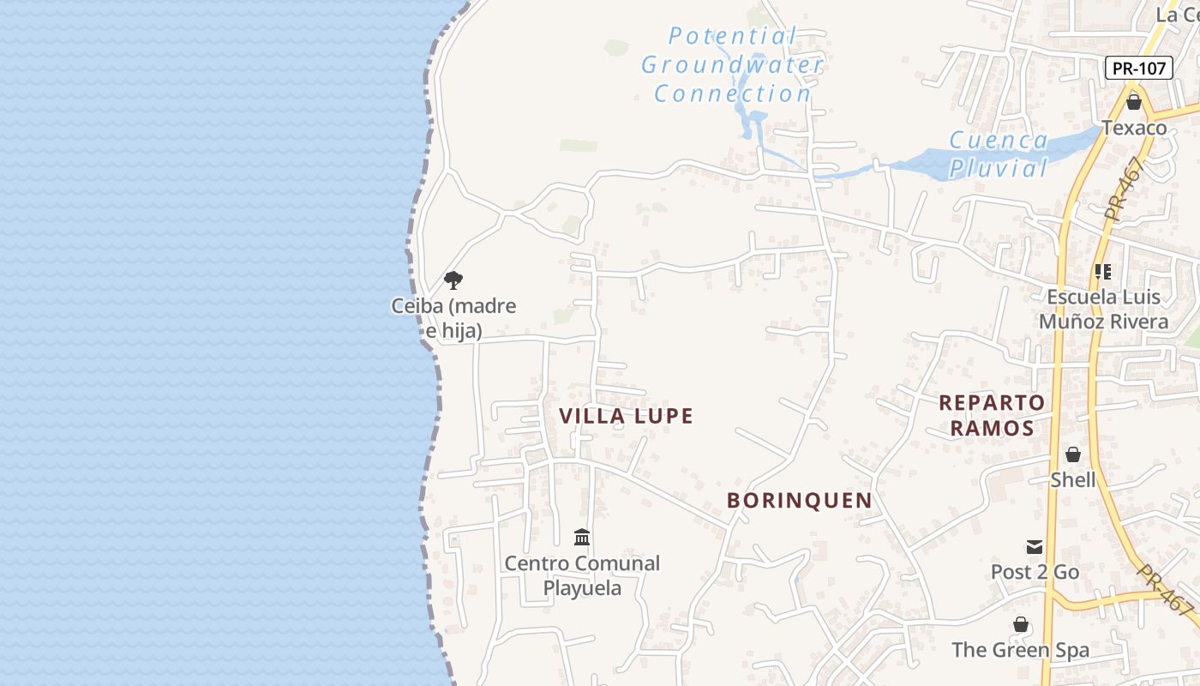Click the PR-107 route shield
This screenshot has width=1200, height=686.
(x=1138, y=69)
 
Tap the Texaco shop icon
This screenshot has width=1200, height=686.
(x=1134, y=103)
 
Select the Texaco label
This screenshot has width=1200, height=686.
(x=1134, y=128)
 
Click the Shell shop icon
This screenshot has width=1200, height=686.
(x=1073, y=454)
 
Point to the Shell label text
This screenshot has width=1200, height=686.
(x=1073, y=479)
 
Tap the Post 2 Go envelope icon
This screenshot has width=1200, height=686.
(x=1035, y=547)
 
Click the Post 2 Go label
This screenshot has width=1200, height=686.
(x=1035, y=572)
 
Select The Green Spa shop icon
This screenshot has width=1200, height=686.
(x=1020, y=624)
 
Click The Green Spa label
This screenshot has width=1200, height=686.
(x=1020, y=650)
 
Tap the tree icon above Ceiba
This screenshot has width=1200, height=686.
(x=453, y=280)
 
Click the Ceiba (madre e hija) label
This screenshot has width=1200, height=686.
(x=453, y=317)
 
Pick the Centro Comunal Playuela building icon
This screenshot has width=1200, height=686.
(x=582, y=538)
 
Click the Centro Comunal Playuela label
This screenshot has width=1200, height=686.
(x=582, y=575)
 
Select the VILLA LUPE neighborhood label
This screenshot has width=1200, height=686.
(x=626, y=416)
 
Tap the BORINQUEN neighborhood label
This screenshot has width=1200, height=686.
(x=799, y=500)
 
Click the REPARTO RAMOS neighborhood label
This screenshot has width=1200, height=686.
(x=992, y=415)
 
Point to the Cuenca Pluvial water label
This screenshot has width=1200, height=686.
(x=999, y=153)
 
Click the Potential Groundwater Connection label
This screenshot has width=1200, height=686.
(x=733, y=65)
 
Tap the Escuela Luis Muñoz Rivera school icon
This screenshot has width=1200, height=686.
(x=1103, y=272)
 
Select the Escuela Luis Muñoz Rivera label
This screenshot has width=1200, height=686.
(x=1103, y=310)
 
